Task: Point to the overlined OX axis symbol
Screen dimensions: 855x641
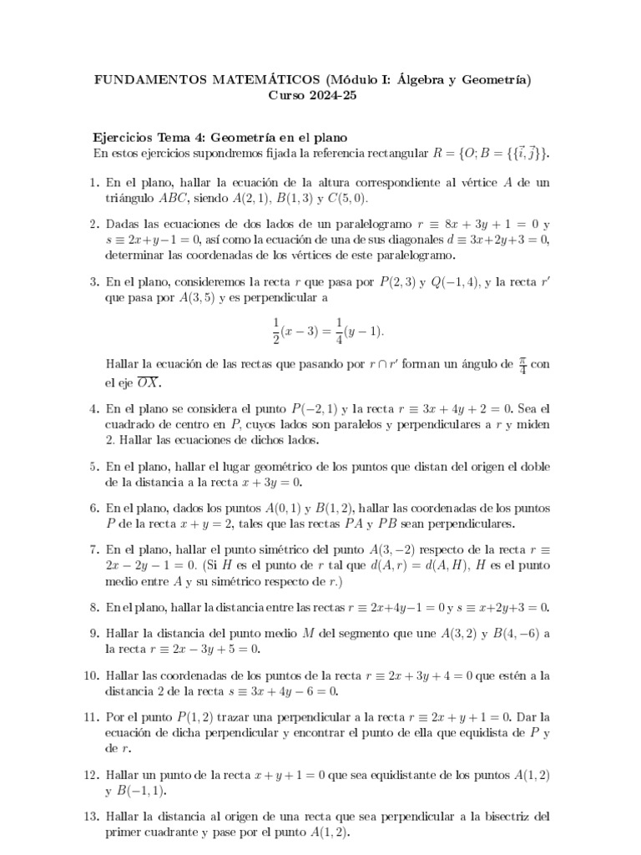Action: point(148,382)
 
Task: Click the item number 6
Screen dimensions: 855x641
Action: point(94,508)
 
